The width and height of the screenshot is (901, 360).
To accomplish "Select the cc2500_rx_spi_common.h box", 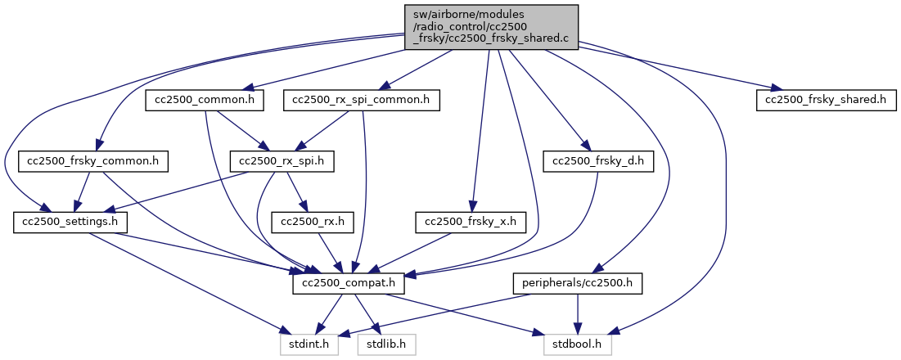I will click(363, 101).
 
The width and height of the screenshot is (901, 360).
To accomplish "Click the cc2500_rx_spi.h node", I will click(282, 161).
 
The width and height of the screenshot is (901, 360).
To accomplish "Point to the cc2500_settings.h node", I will click(65, 223).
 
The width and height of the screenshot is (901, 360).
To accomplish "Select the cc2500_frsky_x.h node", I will click(471, 223).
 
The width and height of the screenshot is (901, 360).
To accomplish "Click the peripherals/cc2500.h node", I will click(578, 284).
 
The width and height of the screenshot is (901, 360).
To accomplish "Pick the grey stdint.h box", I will click(309, 344).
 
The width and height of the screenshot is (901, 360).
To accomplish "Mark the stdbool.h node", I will click(578, 344).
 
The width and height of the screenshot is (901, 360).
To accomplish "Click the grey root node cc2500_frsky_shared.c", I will click(490, 27).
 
